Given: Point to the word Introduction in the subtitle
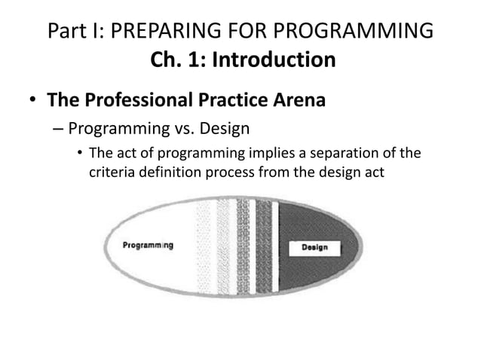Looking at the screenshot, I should (272, 58).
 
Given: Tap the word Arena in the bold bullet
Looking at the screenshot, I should (298, 99).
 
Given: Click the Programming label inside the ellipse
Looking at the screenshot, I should (147, 244).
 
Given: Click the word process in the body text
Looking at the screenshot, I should (233, 175).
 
